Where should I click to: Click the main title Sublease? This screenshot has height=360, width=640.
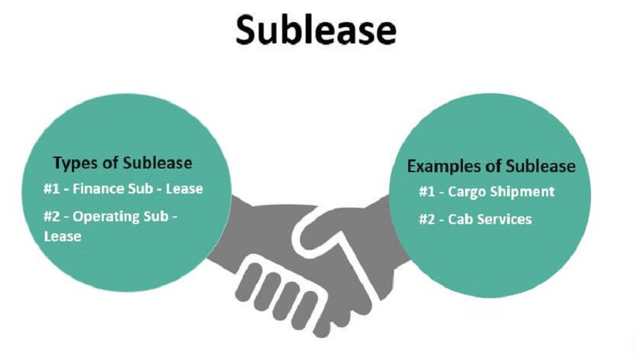pyautogui.click(x=316, y=31)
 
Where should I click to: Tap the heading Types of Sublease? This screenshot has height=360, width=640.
pyautogui.click(x=122, y=163)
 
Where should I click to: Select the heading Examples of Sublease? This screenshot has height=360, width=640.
pyautogui.click(x=491, y=166)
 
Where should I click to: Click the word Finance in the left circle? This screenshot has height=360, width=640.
pyautogui.click(x=100, y=189)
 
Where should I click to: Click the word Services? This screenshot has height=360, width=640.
pyautogui.click(x=504, y=219)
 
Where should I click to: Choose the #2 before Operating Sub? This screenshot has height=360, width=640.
pyautogui.click(x=53, y=216)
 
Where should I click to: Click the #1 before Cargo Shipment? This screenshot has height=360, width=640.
pyautogui.click(x=427, y=192)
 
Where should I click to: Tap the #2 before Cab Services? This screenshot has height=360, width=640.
pyautogui.click(x=427, y=219)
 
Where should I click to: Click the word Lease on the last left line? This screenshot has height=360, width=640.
pyautogui.click(x=62, y=236)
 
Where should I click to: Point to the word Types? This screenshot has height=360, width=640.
pyautogui.click(x=75, y=163)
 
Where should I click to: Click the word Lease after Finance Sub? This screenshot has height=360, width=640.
pyautogui.click(x=184, y=189)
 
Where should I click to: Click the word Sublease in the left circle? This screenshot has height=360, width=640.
pyautogui.click(x=157, y=163)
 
